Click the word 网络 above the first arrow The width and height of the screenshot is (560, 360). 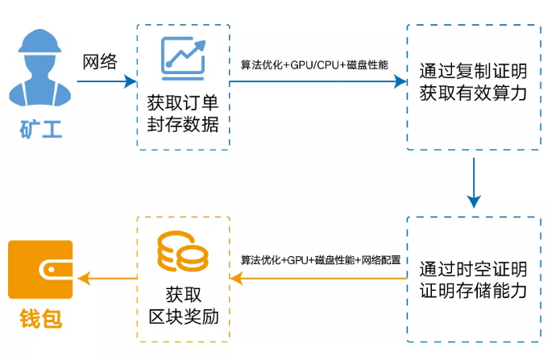101,62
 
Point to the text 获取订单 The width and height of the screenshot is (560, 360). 183,103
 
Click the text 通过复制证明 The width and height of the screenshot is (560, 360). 473,70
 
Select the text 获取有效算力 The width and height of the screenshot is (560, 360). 473,93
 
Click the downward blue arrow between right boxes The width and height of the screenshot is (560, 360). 474,182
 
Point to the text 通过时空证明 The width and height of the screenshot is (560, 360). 473,267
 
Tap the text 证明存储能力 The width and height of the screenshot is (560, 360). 473,290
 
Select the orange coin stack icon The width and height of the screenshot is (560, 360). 182,252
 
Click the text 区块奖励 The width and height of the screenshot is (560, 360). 182,311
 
